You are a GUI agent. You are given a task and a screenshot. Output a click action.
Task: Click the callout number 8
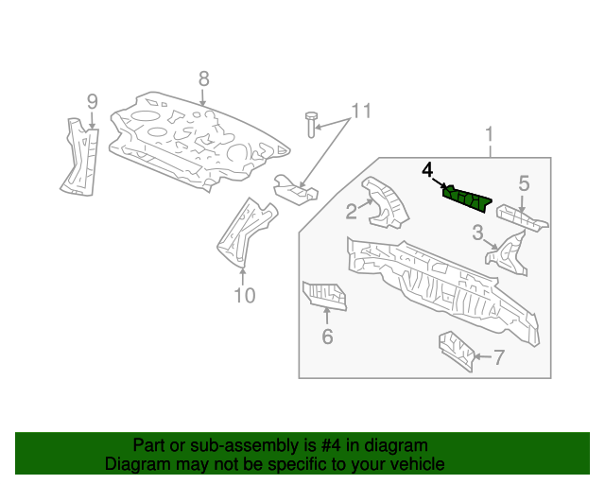click(203, 78)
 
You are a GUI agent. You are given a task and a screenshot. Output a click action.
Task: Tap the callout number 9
click(92, 101)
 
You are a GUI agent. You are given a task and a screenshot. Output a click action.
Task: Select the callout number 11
click(357, 112)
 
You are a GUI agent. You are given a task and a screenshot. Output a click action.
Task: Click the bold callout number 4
click(427, 169)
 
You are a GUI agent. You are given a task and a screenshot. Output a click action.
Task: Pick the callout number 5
click(523, 183)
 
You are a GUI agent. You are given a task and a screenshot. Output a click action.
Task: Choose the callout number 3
click(478, 232)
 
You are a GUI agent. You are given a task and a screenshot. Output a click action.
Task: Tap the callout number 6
click(327, 336)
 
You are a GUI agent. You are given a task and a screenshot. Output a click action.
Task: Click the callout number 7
click(499, 356)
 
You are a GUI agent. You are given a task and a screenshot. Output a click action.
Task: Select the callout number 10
click(244, 297)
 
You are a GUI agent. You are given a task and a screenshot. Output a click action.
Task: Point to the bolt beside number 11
click(311, 123)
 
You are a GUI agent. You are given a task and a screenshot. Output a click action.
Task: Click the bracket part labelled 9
click(82, 159)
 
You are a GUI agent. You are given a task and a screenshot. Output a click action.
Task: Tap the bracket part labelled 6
click(324, 295)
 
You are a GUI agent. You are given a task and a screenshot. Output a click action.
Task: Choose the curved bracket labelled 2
click(384, 202)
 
